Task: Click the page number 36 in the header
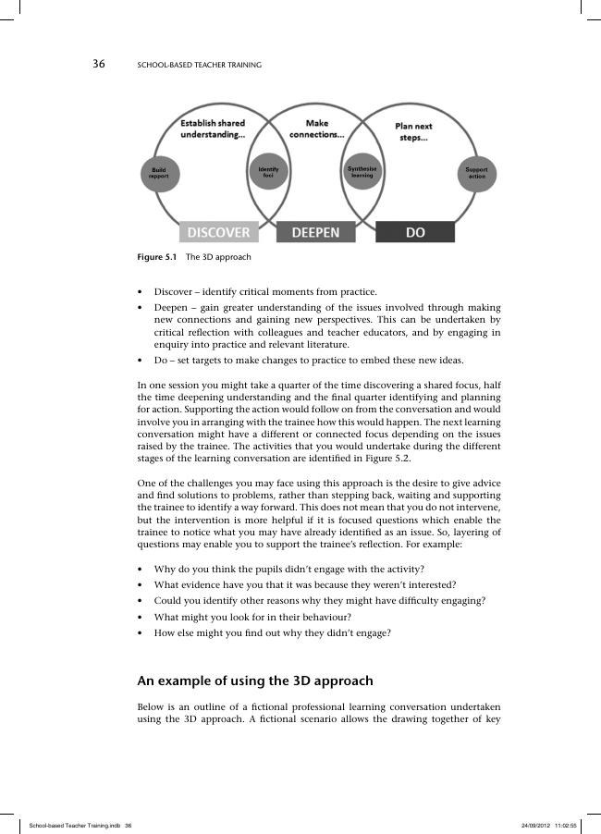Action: click(x=99, y=65)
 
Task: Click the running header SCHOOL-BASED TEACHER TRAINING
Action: click(x=199, y=66)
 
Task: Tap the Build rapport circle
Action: click(x=158, y=173)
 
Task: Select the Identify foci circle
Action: click(x=268, y=171)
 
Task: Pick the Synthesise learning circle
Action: click(x=362, y=172)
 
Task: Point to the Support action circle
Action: click(x=477, y=173)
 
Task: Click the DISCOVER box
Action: click(x=219, y=233)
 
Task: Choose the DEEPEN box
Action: click(x=315, y=233)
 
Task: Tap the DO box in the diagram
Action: click(x=415, y=233)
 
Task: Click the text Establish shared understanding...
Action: click(x=213, y=129)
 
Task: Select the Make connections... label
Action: click(x=316, y=129)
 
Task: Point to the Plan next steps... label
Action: click(x=413, y=132)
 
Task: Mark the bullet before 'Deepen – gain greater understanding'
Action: click(x=141, y=307)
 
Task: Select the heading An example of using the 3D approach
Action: click(x=255, y=681)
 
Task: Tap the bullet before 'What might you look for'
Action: click(x=141, y=617)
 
